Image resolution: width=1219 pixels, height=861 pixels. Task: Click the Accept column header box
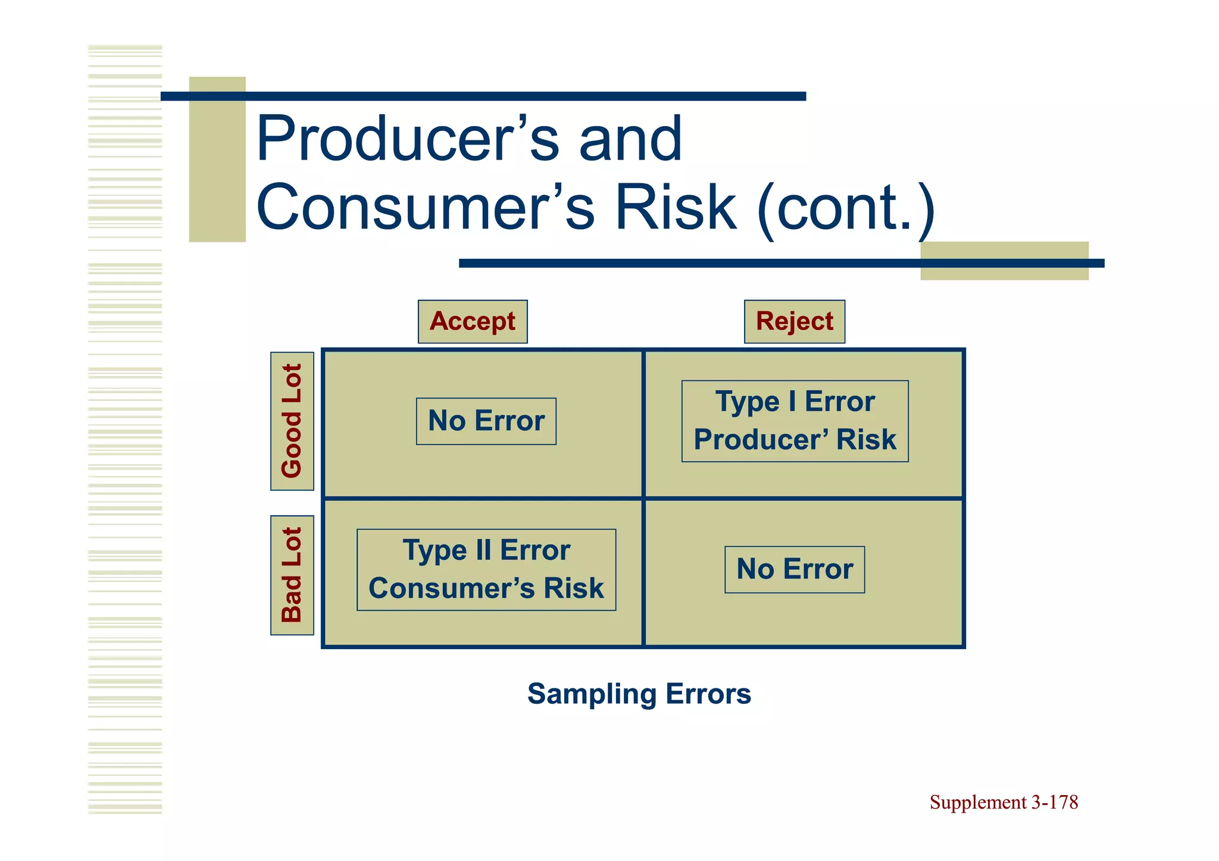point(473,321)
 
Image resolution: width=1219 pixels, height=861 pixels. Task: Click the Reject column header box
point(794,321)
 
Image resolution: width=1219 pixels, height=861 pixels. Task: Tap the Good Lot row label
point(292,421)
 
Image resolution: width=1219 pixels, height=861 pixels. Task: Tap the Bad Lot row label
point(292,575)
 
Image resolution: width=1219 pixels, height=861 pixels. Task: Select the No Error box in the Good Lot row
point(486,421)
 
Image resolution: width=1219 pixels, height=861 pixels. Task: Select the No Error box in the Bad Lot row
point(794,569)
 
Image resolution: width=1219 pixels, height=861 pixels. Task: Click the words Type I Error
point(795,402)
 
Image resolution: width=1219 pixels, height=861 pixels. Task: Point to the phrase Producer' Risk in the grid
point(795,440)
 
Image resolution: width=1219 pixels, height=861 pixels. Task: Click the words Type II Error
point(486,550)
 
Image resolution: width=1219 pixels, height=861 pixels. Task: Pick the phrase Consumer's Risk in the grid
point(486,588)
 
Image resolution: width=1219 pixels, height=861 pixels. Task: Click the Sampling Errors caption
point(639,694)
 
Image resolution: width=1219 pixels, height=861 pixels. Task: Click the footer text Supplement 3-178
point(1004,802)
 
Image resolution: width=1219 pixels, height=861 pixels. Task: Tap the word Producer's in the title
point(407,139)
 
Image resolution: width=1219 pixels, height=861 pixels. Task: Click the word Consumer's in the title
point(425,208)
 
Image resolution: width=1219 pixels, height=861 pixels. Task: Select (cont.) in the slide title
point(845,208)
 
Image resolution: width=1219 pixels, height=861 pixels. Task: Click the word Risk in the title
point(675,208)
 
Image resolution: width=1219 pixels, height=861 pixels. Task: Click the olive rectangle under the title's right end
point(1004,273)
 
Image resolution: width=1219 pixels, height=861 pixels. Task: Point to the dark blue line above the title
point(483,96)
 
